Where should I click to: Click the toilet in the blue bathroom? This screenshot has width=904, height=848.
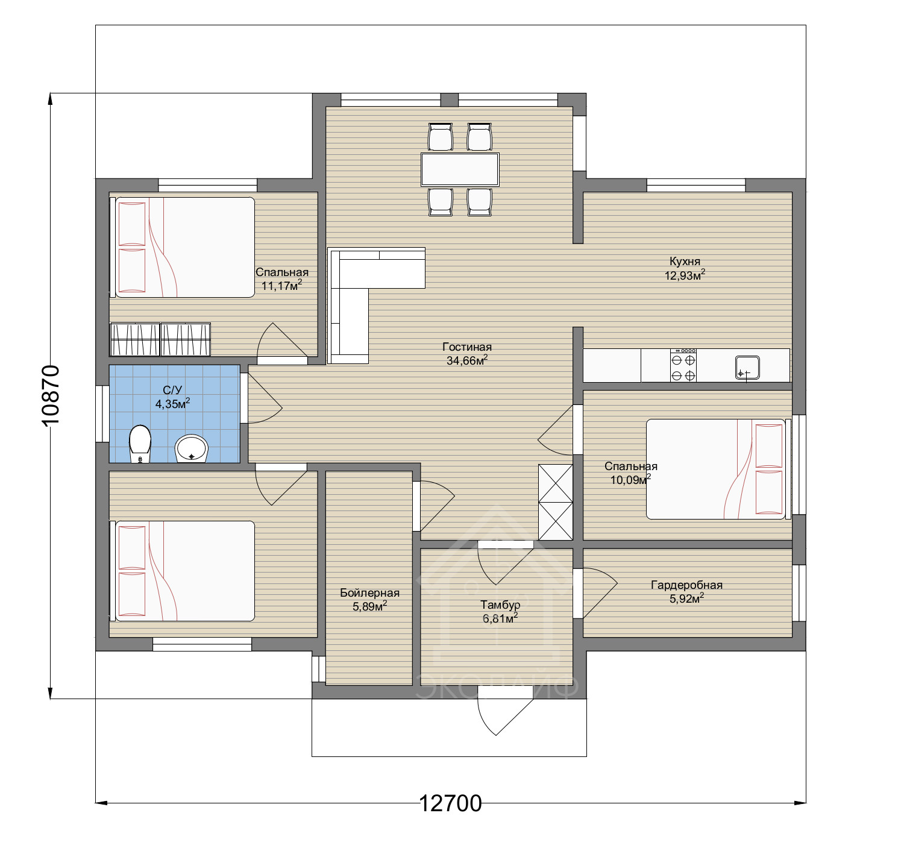[x=140, y=444]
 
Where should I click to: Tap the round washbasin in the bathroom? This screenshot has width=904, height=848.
[x=192, y=448]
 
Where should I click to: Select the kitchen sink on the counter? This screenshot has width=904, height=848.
[x=747, y=368]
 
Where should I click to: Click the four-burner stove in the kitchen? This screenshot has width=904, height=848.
[x=683, y=365]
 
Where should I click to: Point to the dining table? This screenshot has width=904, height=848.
[x=460, y=169]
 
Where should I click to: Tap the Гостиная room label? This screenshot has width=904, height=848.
[x=467, y=347]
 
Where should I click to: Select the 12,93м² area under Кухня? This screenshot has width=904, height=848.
[x=685, y=275]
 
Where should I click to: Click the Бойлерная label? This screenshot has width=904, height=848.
[x=369, y=593]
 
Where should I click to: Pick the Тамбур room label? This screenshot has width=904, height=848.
[x=500, y=605]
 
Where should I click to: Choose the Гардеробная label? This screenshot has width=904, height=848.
[x=686, y=585]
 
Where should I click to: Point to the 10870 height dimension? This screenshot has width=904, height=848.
[x=51, y=395]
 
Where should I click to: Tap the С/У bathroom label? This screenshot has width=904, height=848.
[x=172, y=390]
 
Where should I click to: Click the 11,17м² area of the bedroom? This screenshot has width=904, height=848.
[x=282, y=286]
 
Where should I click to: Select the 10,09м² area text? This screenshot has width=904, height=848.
[x=630, y=480]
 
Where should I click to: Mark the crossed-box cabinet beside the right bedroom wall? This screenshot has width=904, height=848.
[x=555, y=502]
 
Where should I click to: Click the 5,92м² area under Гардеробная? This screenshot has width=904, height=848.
[x=686, y=598]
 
